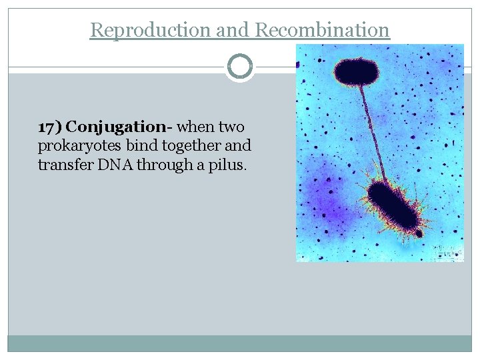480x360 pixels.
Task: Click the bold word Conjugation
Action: [115, 127]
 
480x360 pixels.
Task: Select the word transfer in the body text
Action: [65, 165]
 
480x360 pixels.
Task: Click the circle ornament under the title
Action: [240, 67]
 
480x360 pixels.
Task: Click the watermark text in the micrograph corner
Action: [447, 252]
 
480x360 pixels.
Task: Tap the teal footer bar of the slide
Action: [240, 343]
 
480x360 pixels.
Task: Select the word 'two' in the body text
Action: [231, 127]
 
